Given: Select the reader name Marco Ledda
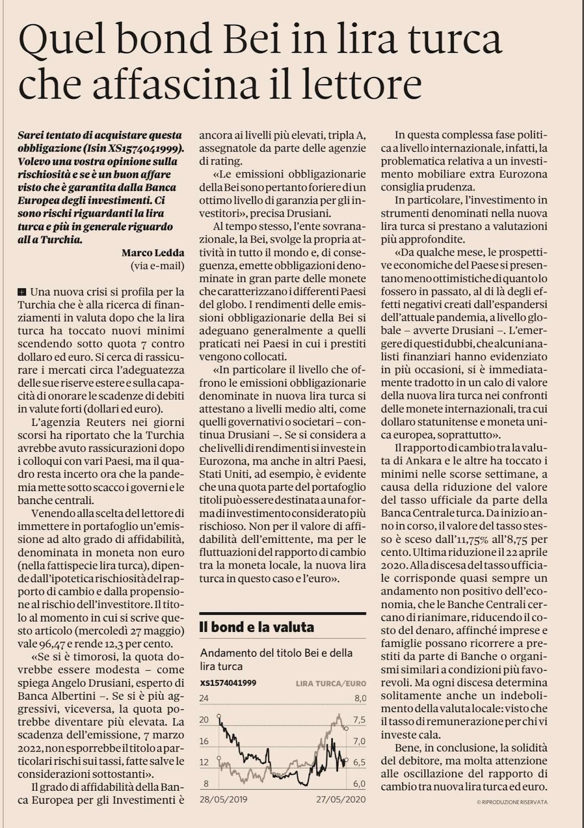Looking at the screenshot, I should (153, 253).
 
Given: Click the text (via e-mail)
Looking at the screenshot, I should (157, 266).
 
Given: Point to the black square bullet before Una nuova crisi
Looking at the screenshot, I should (21, 291).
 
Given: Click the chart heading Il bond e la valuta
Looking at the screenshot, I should (257, 627).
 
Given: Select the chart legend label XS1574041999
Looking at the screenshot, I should (228, 683).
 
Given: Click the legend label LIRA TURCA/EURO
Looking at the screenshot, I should (331, 683).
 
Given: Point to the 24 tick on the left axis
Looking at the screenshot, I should (204, 698).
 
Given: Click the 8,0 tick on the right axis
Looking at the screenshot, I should (360, 698).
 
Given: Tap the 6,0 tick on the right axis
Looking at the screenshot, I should (360, 783).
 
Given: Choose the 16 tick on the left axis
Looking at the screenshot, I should (204, 741).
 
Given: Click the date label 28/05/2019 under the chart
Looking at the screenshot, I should (223, 799).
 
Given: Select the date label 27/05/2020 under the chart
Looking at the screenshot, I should (341, 799).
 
